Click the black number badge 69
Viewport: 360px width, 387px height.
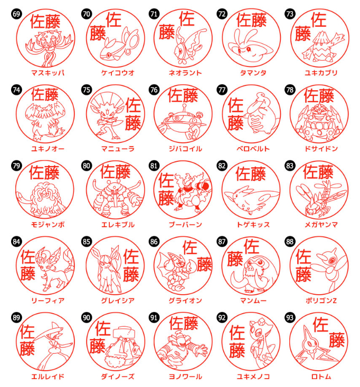click(x=16, y=14)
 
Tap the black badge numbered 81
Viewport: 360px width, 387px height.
click(x=154, y=166)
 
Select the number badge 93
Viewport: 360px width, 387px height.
click(x=290, y=317)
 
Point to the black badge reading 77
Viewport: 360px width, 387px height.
click(x=222, y=90)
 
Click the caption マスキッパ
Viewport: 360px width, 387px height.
click(x=48, y=73)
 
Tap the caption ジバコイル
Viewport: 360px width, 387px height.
click(x=185, y=149)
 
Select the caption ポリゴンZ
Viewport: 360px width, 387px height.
click(x=321, y=301)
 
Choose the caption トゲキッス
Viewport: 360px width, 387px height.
click(x=253, y=225)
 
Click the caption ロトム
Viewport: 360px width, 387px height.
click(x=321, y=376)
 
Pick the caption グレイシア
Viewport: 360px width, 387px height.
click(x=118, y=301)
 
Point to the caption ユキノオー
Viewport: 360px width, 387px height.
click(x=48, y=149)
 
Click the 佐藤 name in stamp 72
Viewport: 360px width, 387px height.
click(x=251, y=20)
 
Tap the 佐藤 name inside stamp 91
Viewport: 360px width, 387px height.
click(x=184, y=323)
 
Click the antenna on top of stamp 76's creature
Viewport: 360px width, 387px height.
click(x=184, y=108)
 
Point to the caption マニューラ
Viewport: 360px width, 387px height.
click(x=118, y=149)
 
